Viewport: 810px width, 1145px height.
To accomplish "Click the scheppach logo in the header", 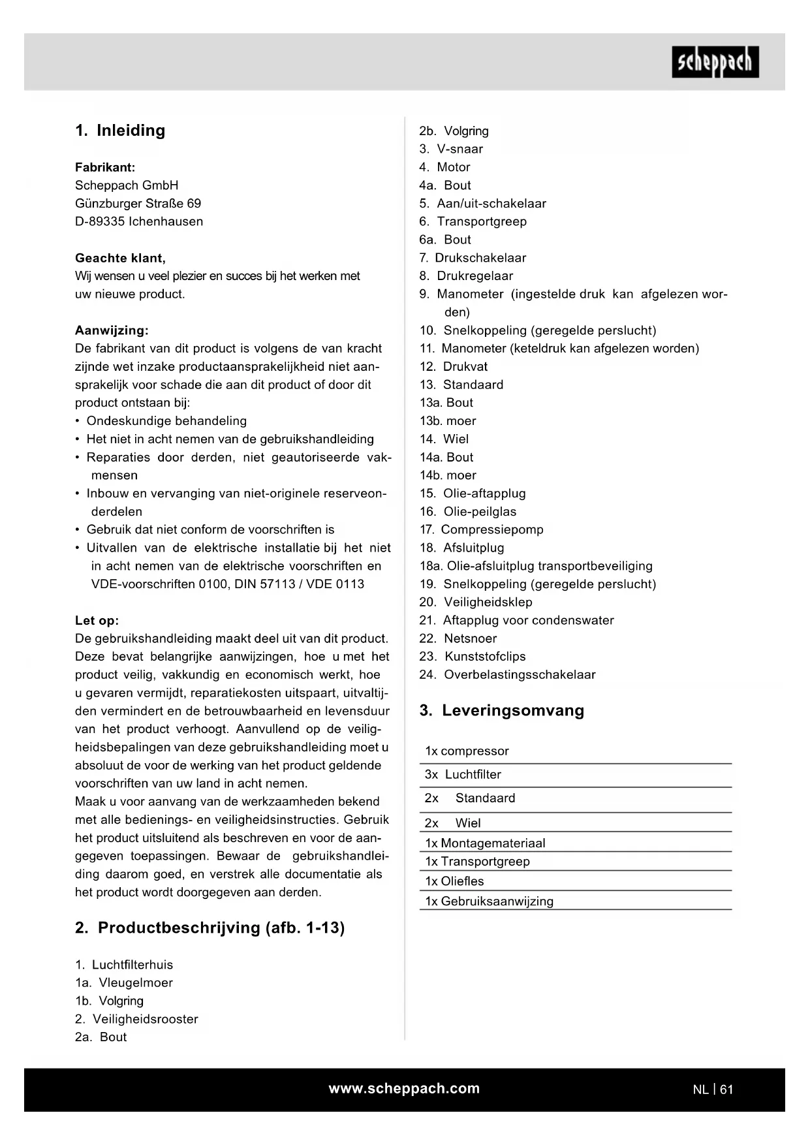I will (x=715, y=62).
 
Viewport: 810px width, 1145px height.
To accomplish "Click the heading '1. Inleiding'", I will (x=120, y=131).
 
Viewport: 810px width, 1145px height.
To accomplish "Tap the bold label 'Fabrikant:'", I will (x=105, y=167).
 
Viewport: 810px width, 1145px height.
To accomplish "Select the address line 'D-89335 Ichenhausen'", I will (x=139, y=221).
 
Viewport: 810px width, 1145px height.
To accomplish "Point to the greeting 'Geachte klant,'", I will (x=120, y=258).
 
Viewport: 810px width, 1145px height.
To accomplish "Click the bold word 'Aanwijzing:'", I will (x=112, y=330).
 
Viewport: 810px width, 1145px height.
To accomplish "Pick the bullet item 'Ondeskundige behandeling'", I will (x=166, y=421).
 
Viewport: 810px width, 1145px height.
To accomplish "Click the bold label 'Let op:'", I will (x=97, y=621).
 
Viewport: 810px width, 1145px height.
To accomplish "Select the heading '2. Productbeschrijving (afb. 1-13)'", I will (x=210, y=928).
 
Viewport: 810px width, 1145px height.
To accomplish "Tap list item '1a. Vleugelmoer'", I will (x=124, y=982).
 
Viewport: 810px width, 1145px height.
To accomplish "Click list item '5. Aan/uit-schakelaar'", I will (x=482, y=204).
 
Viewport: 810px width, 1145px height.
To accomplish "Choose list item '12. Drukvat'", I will (x=454, y=367).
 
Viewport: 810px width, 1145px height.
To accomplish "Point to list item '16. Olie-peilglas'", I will (x=468, y=512).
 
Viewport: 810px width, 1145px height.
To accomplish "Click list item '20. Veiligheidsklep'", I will (x=476, y=603).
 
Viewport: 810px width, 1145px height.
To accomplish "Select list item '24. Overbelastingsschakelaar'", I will (x=507, y=675).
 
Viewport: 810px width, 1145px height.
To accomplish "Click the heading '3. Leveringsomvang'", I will (x=501, y=711).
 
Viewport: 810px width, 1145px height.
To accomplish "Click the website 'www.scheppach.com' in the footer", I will (x=404, y=1088).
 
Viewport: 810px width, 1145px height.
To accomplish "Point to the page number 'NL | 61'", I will (x=713, y=1090).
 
